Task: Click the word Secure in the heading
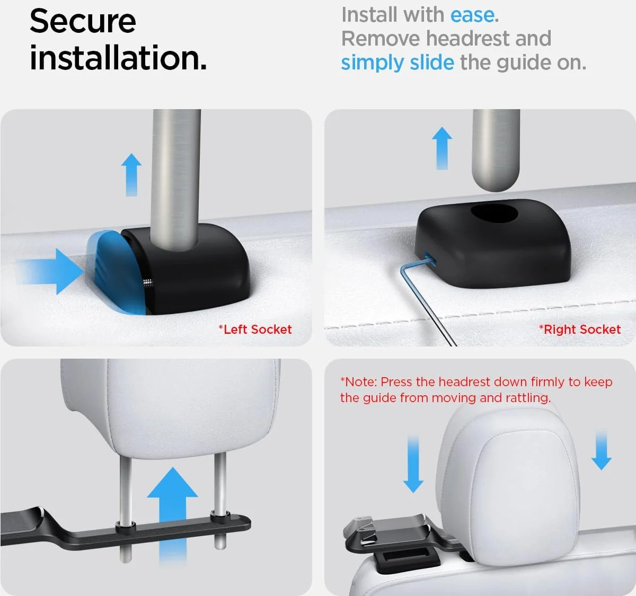click(x=83, y=21)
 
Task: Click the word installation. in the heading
click(x=118, y=58)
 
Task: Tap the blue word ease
click(x=472, y=15)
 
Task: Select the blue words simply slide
click(x=397, y=62)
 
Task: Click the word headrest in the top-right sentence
click(x=468, y=39)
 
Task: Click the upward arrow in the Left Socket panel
click(x=131, y=174)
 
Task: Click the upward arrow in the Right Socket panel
click(x=442, y=148)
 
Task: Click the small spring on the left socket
click(x=147, y=283)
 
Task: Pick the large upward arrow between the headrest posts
click(x=173, y=512)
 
